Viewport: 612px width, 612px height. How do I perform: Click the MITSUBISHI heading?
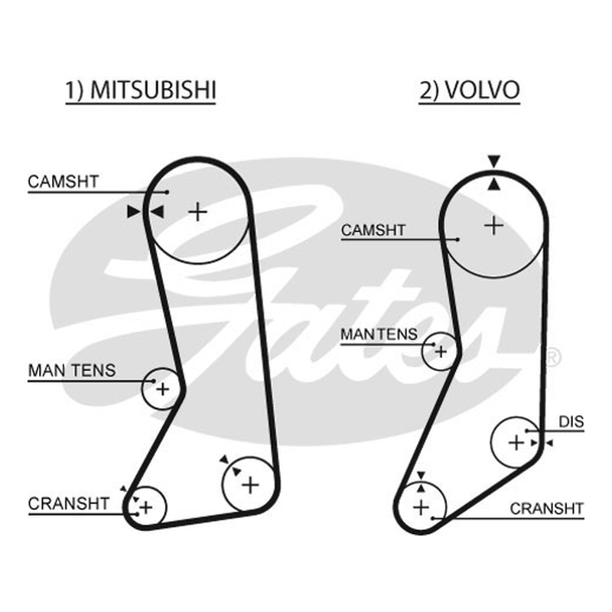153,90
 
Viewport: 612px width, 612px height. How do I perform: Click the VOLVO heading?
482,90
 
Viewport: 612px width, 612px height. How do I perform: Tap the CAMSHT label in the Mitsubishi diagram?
63,181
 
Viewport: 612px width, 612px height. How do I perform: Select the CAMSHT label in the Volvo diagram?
373,230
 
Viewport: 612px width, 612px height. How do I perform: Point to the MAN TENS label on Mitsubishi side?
72,370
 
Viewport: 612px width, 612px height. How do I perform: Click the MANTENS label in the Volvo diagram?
379,334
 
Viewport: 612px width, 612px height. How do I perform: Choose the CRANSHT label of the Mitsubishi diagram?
69,503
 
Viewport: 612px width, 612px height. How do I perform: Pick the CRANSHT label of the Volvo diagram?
546,508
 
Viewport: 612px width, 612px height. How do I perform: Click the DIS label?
571,422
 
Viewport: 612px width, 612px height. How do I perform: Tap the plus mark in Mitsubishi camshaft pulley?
198,213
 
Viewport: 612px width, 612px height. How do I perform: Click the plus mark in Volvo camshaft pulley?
493,226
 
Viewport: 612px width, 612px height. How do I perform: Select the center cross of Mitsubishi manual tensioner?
162,389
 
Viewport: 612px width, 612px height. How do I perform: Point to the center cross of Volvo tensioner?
441,352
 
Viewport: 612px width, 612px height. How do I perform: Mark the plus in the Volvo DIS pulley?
516,443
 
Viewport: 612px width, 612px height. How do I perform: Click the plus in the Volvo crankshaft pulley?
421,507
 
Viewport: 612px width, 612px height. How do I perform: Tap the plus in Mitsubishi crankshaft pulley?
146,508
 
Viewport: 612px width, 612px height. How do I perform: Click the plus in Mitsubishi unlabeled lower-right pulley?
250,485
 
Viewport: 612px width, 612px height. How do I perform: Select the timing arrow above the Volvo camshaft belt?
494,161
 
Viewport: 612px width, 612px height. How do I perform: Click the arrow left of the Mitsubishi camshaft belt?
133,212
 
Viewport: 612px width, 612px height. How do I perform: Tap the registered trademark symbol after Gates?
553,358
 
